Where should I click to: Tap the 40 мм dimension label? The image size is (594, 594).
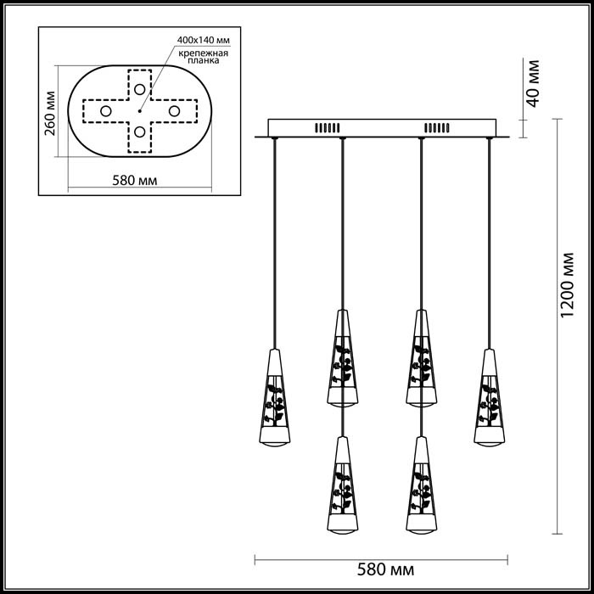coord(533,82)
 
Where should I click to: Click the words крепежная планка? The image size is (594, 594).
coord(202,57)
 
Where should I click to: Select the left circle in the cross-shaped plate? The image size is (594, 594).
coord(105,111)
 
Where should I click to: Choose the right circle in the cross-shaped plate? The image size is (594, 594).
coord(172,111)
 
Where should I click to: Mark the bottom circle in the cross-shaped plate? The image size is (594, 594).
coord(138,133)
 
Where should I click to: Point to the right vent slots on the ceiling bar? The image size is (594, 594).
coord(435,128)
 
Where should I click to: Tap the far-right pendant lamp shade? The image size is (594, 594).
coord(489,396)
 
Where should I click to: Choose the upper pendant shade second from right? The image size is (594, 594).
coord(421,356)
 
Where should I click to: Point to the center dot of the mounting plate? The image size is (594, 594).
coord(139,110)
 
